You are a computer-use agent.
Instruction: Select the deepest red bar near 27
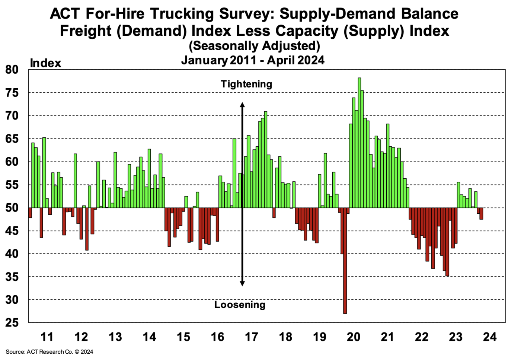click(x=345, y=261)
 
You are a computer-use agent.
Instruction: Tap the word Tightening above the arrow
click(x=246, y=84)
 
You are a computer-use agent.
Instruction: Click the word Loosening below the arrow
click(x=240, y=305)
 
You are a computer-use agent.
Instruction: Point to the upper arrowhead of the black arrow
click(x=242, y=105)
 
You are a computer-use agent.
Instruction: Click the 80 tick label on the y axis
click(x=12, y=70)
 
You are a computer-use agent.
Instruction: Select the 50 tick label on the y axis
click(x=12, y=208)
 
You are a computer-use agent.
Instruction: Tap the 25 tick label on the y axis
click(x=12, y=323)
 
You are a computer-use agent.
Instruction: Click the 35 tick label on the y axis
click(x=12, y=277)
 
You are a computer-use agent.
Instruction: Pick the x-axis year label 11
click(x=47, y=337)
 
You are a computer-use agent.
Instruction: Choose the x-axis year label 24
click(x=490, y=337)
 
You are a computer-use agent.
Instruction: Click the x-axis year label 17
click(x=252, y=337)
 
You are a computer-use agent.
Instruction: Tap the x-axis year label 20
click(x=354, y=337)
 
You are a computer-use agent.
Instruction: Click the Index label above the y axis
click(x=45, y=63)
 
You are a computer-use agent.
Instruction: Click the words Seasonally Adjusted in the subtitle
click(x=255, y=46)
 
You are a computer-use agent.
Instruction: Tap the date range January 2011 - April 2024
click(x=253, y=60)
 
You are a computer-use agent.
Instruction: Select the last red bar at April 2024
click(x=481, y=214)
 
